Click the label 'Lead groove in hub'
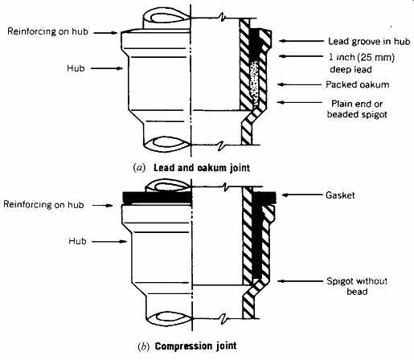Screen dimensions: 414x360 [x=369, y=41]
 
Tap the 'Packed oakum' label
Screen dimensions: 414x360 [x=358, y=84]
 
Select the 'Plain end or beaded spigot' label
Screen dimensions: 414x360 [x=357, y=109]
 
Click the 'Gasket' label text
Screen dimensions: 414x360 [x=340, y=195]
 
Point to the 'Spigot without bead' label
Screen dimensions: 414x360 [x=357, y=286]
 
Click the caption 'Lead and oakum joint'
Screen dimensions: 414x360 [x=202, y=168]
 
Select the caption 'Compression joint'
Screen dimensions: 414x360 [x=195, y=346]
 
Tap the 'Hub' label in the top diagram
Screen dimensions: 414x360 [x=76, y=68]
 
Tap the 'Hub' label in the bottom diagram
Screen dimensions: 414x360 [x=77, y=241]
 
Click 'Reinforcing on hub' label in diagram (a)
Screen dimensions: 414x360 [x=47, y=31]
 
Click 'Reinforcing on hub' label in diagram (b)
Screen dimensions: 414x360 [x=43, y=205]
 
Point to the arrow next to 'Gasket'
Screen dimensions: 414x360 [x=302, y=195]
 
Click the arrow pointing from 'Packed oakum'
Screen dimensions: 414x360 [x=299, y=84]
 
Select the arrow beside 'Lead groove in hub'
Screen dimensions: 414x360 [x=301, y=41]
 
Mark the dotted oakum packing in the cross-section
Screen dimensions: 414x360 [x=254, y=82]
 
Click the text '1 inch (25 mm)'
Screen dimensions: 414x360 [x=362, y=57]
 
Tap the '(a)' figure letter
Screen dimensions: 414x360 [x=139, y=168]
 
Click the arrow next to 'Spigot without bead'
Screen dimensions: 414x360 [x=300, y=281]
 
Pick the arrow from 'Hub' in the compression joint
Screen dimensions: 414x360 [x=109, y=241]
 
